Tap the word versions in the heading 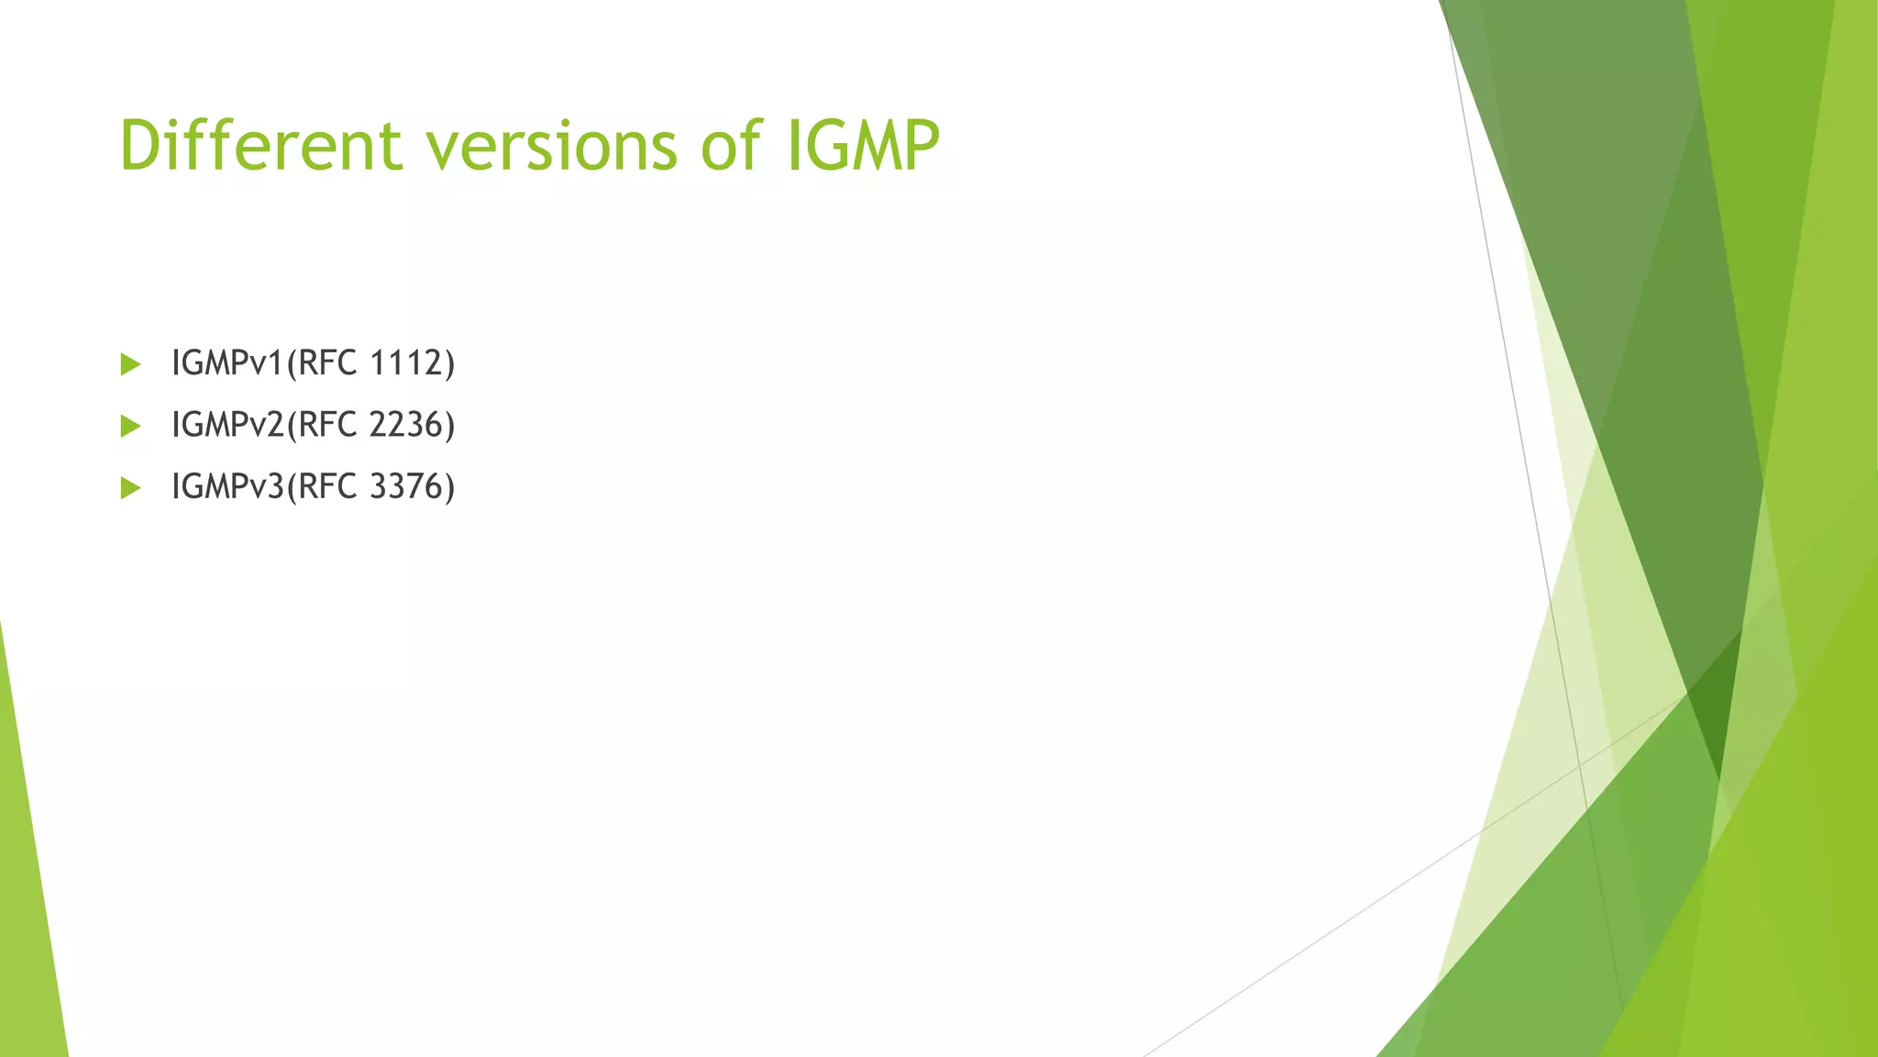point(551,145)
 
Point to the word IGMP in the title point(863,145)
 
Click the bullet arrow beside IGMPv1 point(130,364)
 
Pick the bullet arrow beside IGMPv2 point(130,426)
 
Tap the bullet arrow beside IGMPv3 point(130,487)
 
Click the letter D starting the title point(145,145)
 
